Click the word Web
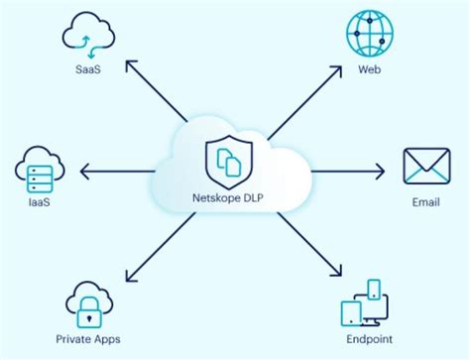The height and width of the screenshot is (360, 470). point(369,69)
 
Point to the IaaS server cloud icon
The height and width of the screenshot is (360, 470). point(41,172)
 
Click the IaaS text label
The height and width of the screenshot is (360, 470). point(40,203)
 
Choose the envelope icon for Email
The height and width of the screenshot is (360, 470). point(426,166)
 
